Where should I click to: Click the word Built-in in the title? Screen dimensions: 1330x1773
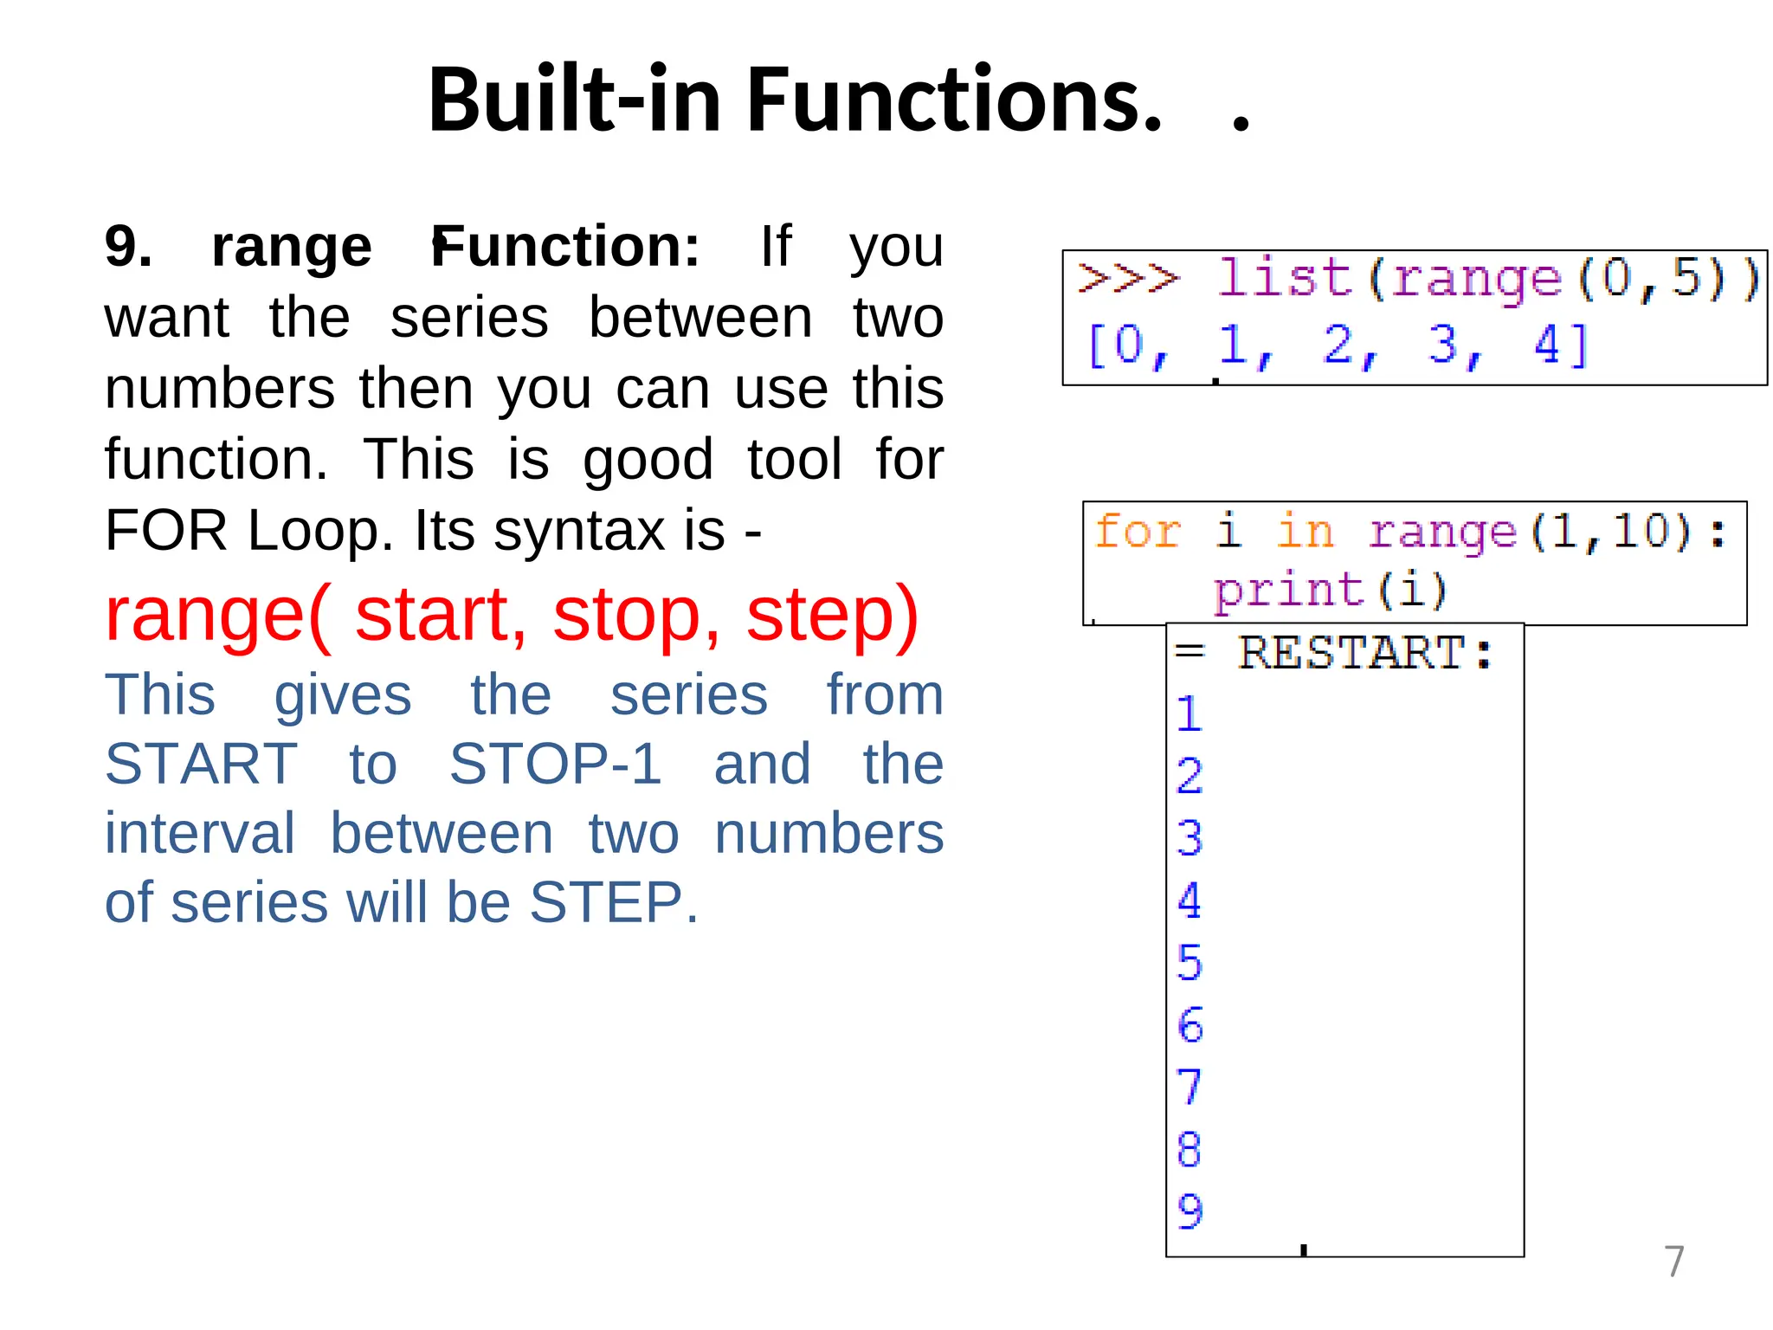tap(575, 100)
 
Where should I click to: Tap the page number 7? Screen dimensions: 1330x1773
tap(1674, 1262)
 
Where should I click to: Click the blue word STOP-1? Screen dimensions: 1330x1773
tap(555, 765)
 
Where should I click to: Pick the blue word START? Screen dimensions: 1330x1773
tap(201, 765)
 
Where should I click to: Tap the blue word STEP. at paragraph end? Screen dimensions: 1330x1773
tap(613, 903)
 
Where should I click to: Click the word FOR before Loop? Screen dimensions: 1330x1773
tap(171, 530)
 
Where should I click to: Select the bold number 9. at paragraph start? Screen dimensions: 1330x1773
tap(128, 247)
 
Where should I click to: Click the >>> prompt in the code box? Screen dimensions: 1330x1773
tap(1128, 279)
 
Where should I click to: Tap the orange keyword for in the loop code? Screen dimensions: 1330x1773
tap(1137, 531)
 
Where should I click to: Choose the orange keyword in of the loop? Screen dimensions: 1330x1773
tap(1305, 531)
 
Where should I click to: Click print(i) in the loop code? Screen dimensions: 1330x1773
tap(1330, 591)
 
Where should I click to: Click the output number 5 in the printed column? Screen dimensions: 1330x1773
tap(1190, 963)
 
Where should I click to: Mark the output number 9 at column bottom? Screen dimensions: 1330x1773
tap(1190, 1211)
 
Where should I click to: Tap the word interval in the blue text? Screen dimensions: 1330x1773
tap(200, 834)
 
